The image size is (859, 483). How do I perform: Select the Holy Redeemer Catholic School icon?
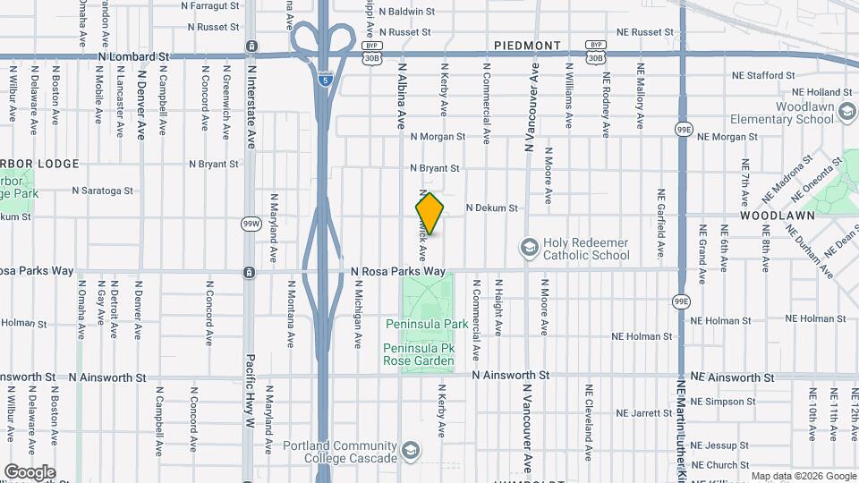529,246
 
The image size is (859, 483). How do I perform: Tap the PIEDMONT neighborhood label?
527,45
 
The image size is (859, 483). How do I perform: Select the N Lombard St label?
133,55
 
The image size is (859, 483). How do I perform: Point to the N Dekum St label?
491,208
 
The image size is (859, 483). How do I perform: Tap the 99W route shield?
250,223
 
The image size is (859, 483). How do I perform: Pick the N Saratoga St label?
103,191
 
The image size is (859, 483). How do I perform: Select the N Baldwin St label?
406,12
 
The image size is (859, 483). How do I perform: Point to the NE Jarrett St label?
643,413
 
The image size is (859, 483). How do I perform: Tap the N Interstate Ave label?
251,98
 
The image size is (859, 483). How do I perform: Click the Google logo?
30,471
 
